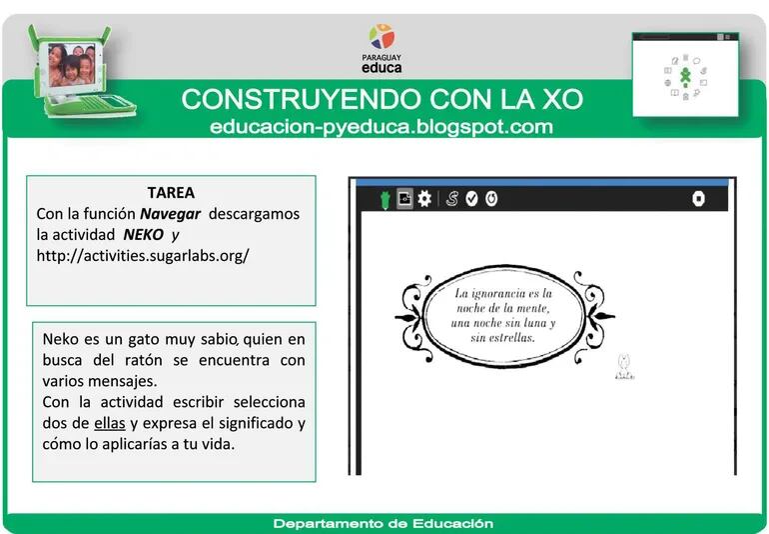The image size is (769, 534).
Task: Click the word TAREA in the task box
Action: (171, 193)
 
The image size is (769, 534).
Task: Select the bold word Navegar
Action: (171, 214)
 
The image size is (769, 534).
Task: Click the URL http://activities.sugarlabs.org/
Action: (143, 256)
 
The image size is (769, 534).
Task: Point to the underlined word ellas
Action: (97, 423)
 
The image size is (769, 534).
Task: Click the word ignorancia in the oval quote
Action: (505, 294)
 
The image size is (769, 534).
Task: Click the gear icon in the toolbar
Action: (424, 199)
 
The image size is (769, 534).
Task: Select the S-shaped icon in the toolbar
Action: (451, 199)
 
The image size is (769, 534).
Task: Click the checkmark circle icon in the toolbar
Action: (471, 199)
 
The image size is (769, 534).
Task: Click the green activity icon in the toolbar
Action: (384, 199)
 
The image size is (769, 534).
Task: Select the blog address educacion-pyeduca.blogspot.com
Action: (382, 127)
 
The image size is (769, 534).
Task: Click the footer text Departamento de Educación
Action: (384, 523)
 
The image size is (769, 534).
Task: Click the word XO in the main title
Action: (561, 101)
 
